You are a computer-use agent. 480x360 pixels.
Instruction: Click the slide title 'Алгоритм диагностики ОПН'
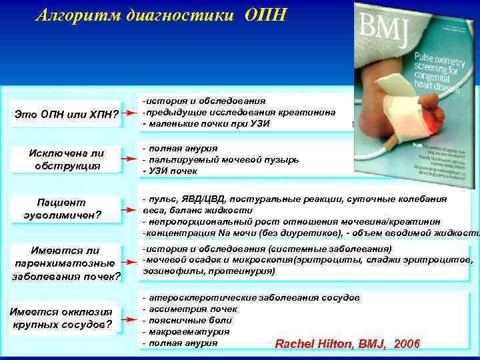pos(161,15)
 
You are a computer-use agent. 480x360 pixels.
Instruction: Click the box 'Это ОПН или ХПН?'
pos(67,117)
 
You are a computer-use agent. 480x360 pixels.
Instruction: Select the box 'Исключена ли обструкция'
pos(67,159)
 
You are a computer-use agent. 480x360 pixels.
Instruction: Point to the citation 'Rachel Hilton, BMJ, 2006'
pos(347,344)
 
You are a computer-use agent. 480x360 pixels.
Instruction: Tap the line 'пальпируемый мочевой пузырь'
pos(220,159)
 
